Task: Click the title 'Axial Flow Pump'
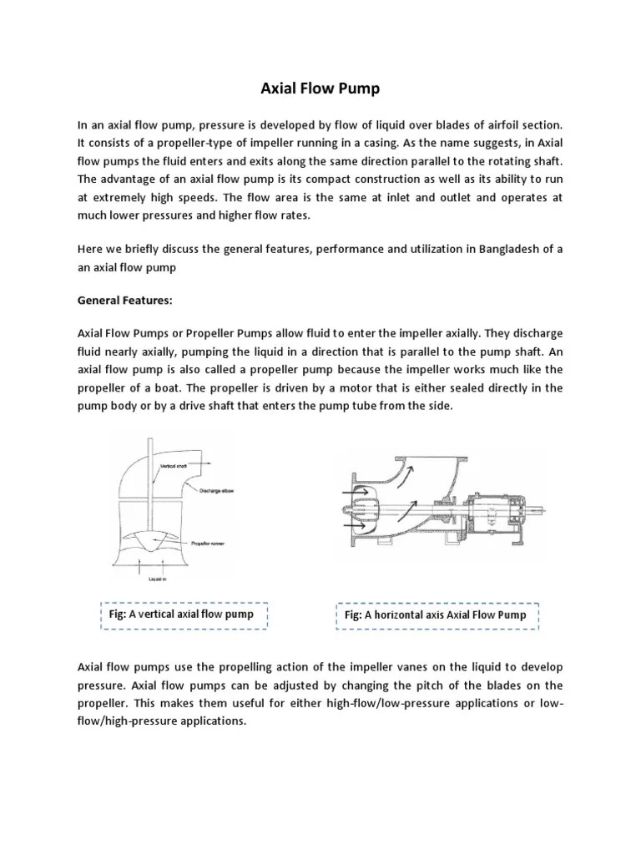tap(320, 89)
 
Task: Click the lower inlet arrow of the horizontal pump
tap(351, 525)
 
